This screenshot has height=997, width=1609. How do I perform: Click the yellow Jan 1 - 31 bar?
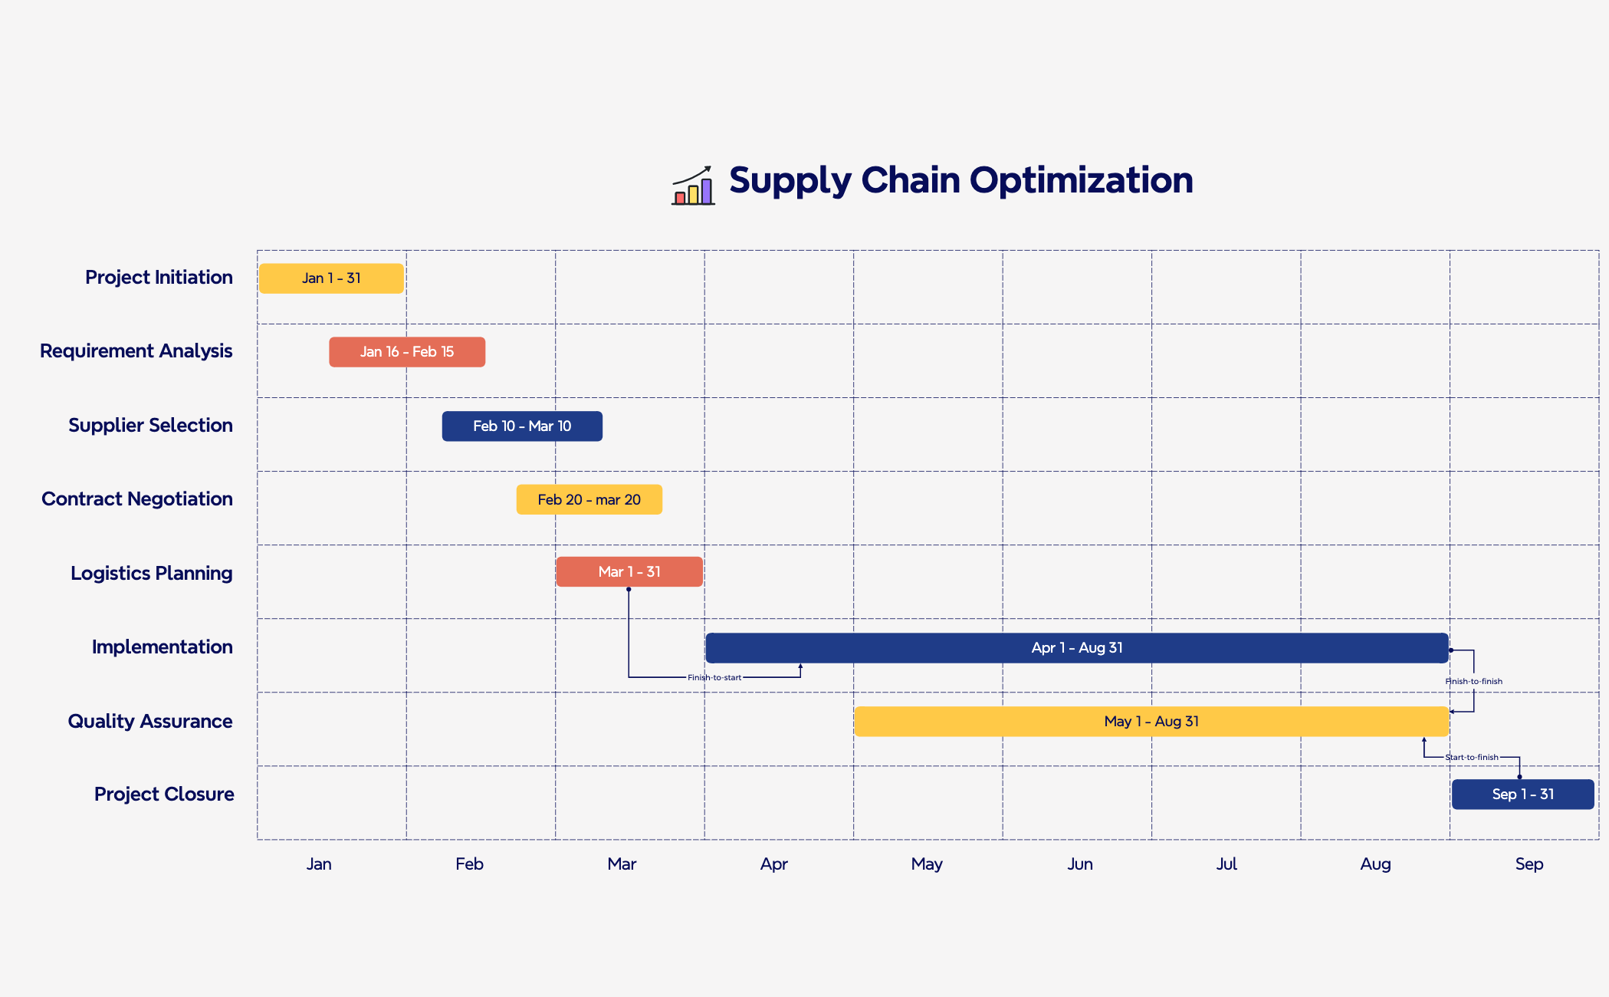(331, 278)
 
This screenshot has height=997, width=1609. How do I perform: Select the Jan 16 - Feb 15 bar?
(407, 352)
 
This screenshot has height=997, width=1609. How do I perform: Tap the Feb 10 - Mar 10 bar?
(522, 426)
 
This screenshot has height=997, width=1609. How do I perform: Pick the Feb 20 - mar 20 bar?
(589, 500)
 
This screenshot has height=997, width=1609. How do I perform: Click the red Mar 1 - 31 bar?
(629, 572)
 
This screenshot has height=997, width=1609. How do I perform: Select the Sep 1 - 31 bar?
(1522, 795)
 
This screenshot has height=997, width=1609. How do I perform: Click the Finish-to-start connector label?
(714, 678)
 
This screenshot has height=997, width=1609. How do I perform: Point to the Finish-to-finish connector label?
(1473, 682)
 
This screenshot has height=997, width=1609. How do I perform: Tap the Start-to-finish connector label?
(1471, 758)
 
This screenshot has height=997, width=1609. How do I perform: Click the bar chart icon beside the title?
(693, 186)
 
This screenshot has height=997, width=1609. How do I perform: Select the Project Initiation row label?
(159, 278)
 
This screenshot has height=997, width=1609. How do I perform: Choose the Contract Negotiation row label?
(137, 499)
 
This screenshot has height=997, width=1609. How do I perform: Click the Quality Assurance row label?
(150, 722)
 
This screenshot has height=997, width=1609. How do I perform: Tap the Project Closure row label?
(164, 795)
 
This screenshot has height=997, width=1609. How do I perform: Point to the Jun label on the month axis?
(1080, 864)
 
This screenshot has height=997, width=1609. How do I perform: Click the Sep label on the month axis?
(1529, 864)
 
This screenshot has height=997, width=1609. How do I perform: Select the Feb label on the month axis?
(469, 864)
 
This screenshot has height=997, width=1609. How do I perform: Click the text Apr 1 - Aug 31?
(1077, 648)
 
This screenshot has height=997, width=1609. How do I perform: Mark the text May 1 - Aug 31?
(1151, 722)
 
